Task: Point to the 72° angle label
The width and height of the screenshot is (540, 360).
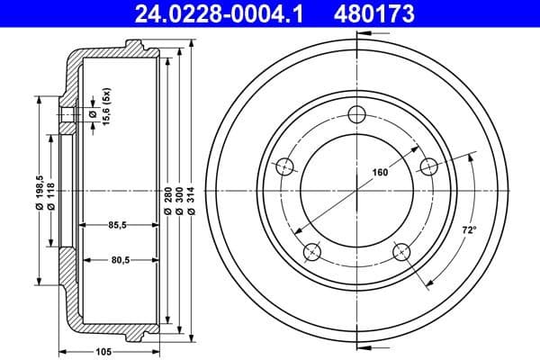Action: point(468,230)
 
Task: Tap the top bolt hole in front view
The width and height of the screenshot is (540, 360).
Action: point(358,113)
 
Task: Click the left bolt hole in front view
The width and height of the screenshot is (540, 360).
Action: point(286,166)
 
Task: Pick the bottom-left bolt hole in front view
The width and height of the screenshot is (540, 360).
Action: point(313,250)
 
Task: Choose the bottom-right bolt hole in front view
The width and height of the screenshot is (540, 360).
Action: point(402,250)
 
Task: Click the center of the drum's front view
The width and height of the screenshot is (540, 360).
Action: point(358,188)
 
